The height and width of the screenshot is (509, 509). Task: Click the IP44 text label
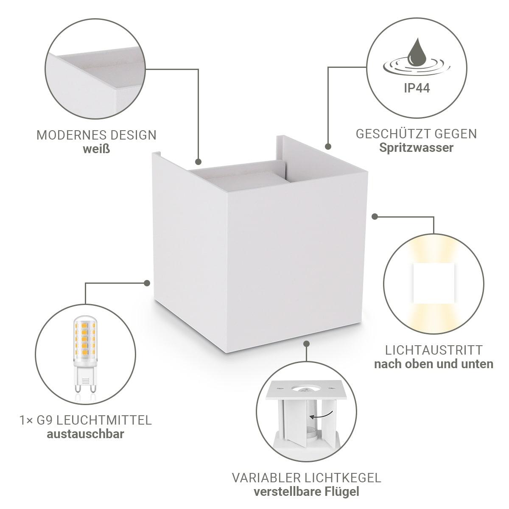coord(417,88)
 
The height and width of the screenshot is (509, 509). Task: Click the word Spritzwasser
coord(416,148)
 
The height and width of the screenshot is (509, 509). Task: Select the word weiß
coord(96,149)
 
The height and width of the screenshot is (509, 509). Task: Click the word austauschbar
coord(85,434)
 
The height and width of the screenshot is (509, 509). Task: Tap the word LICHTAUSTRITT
coord(433,350)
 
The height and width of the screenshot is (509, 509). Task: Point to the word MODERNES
coord(71,135)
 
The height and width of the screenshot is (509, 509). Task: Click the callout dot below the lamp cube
coord(306,344)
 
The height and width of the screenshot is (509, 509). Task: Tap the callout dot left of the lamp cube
coord(147,283)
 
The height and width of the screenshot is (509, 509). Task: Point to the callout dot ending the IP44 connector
coord(328,146)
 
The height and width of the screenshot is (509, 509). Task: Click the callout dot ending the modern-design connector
coord(199,162)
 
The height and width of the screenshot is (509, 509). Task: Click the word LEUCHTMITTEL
coord(104,420)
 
